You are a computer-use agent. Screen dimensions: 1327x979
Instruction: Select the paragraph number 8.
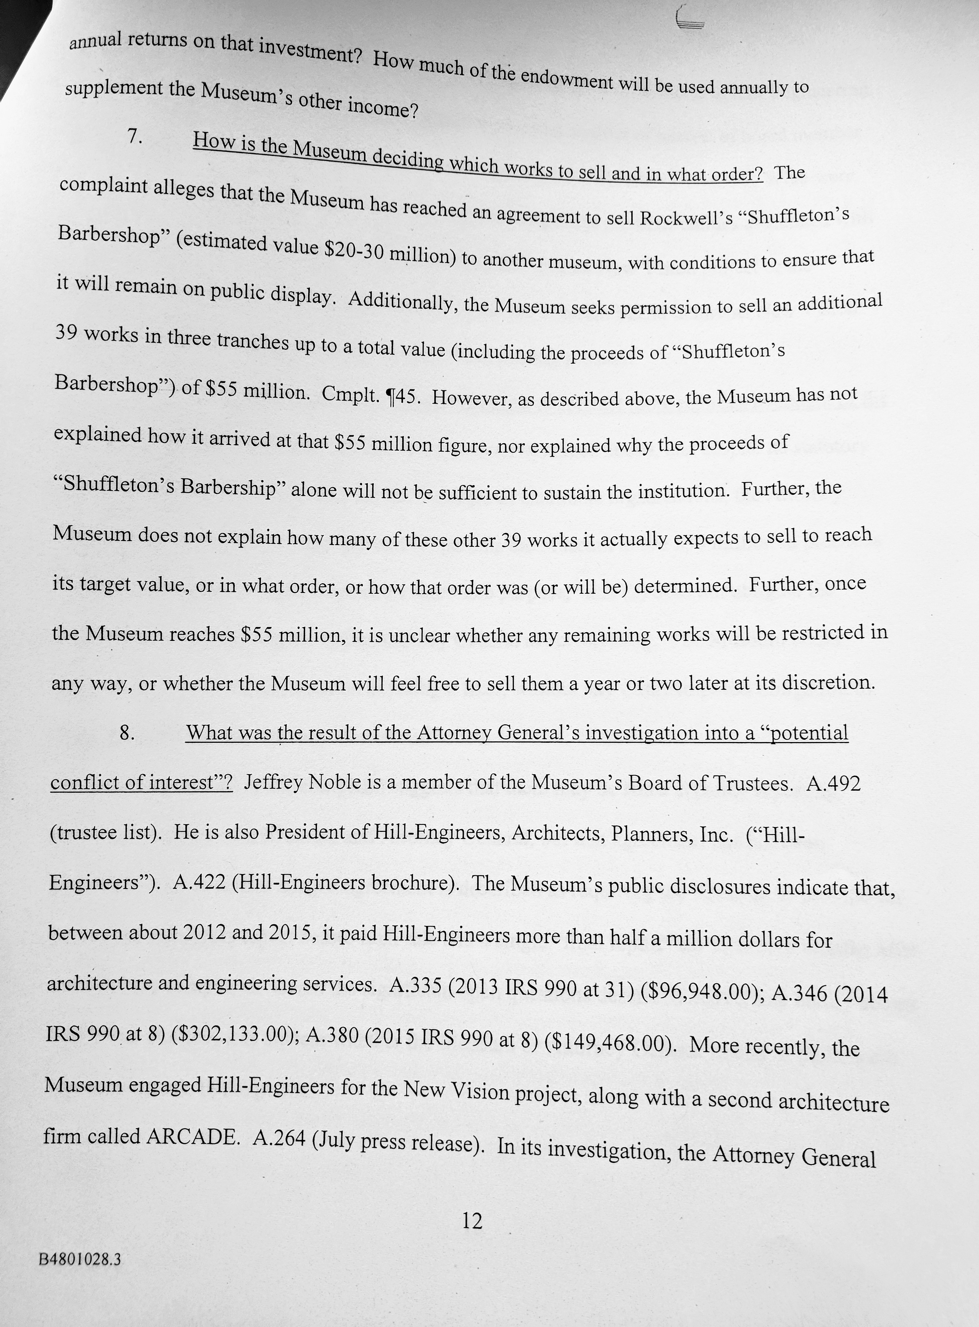127,733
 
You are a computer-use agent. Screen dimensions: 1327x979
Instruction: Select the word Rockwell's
687,218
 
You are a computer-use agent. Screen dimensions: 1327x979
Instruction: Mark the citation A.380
333,1036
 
